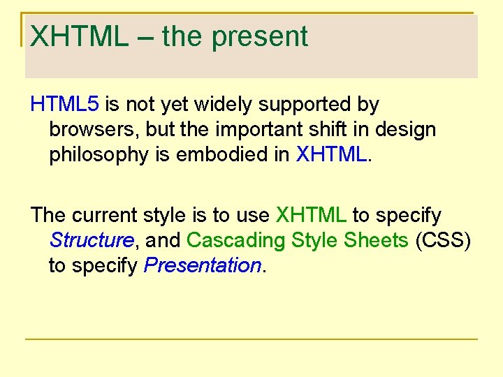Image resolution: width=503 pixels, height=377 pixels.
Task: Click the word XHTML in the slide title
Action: (x=79, y=36)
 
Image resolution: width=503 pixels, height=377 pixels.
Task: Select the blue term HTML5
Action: (x=65, y=105)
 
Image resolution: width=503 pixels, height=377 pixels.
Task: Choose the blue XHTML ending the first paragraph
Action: (x=331, y=155)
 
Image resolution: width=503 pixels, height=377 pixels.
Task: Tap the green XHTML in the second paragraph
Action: (x=311, y=215)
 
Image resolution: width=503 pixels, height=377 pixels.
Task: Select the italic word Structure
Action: (x=92, y=241)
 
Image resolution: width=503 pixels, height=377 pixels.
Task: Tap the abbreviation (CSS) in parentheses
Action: (x=443, y=241)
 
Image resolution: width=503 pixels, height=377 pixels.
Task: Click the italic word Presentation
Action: (x=202, y=266)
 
